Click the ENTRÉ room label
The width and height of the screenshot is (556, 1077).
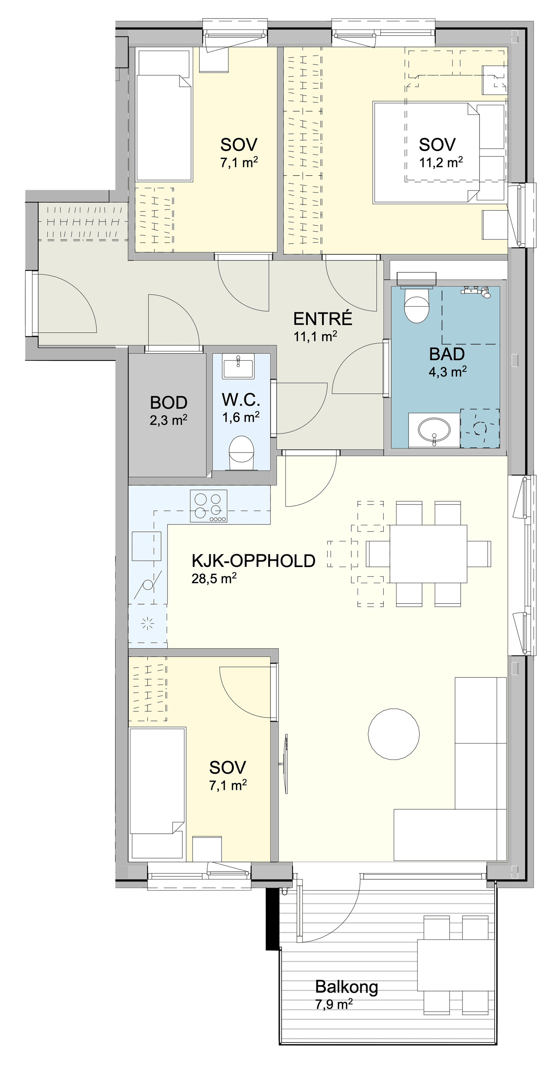coord(322,319)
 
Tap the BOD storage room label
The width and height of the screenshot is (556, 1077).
coord(169,403)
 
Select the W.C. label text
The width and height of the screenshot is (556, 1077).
coord(241,400)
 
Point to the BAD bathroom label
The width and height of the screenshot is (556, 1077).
coord(447,354)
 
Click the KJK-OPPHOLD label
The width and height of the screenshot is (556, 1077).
coord(253,561)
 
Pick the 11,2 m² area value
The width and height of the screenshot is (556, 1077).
coord(441,162)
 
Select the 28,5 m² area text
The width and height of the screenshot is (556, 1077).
coord(214,578)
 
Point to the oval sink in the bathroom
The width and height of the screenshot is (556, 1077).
coord(434,430)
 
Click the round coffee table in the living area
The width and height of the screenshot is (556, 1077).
coord(394,734)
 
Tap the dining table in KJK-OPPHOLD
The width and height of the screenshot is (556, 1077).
coord(428,554)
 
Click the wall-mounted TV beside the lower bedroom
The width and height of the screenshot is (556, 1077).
coord(285,764)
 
